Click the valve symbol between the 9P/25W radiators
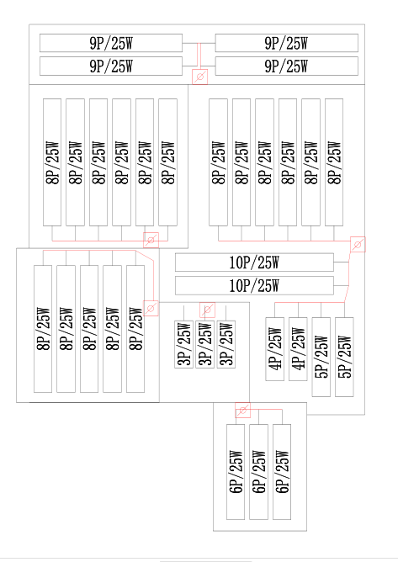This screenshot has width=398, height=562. (199, 77)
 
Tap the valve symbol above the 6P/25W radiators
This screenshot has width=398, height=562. (242, 410)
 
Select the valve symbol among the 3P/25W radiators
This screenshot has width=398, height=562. (207, 310)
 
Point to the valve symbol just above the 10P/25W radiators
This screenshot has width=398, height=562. (358, 244)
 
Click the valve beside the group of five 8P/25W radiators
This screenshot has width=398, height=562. (151, 308)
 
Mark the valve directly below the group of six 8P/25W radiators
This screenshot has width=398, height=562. (151, 240)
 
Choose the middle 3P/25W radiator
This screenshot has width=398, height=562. (205, 344)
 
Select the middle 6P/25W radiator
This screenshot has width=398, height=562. (258, 472)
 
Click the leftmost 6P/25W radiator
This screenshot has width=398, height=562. (236, 472)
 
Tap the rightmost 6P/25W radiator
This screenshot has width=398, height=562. (282, 472)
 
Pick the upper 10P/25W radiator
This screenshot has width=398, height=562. (254, 262)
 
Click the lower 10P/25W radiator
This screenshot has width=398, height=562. (254, 286)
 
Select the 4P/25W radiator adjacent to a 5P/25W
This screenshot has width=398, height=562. (298, 349)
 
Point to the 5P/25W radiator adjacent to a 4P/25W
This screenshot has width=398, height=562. (321, 357)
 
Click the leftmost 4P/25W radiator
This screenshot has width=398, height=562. (274, 349)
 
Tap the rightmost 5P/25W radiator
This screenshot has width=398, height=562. (344, 357)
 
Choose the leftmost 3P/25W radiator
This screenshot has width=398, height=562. (183, 344)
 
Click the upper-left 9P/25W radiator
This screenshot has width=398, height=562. (111, 43)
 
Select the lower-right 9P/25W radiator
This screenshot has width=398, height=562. (286, 66)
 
